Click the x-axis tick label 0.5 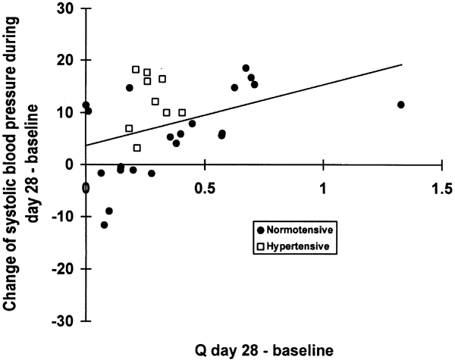click(204, 186)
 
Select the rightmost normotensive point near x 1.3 click(400, 105)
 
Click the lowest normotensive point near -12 click(104, 225)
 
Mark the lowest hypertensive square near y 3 click(137, 148)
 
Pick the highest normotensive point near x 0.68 click(246, 68)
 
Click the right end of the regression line click(400, 64)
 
